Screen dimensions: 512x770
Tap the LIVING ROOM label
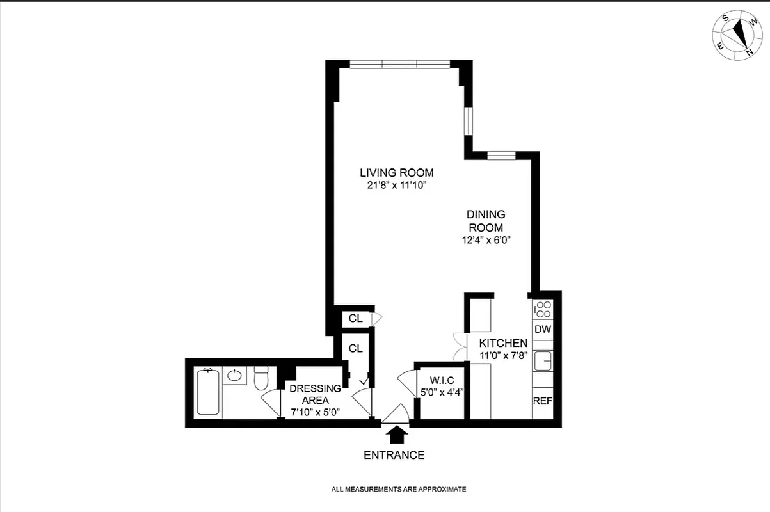pos(396,173)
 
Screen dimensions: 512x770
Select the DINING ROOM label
pos(486,221)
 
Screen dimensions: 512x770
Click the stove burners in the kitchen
pos(543,309)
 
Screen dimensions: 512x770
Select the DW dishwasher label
pos(543,330)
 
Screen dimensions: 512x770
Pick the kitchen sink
pos(543,360)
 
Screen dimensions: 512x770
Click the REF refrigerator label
pos(543,402)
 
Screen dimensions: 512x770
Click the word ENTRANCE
pos(394,456)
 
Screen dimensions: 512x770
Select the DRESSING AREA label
pos(314,394)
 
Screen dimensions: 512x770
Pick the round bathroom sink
pos(235,375)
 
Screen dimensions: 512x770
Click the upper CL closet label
pos(355,318)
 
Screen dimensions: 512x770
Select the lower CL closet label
pos(355,349)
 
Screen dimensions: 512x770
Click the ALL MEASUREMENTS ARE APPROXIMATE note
pos(398,490)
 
